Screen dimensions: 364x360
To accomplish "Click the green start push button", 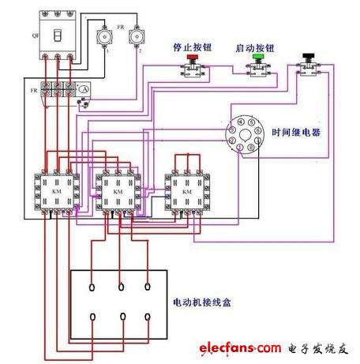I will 257,58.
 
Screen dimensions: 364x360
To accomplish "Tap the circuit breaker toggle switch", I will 56,34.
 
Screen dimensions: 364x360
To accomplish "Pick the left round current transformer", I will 101,36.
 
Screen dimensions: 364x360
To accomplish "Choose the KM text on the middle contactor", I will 119,192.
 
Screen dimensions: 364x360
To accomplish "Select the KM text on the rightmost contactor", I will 186,191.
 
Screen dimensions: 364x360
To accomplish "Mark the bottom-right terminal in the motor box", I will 149,317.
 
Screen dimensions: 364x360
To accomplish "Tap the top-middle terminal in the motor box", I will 120,287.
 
